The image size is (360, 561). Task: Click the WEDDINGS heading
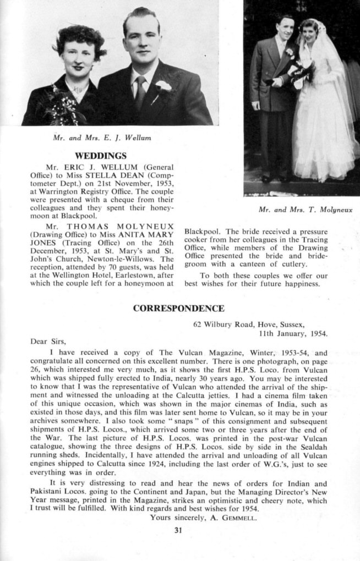[100, 156]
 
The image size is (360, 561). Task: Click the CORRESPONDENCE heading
[179, 309]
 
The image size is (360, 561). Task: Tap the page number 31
[178, 530]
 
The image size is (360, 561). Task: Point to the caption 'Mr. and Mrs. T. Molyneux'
[305, 210]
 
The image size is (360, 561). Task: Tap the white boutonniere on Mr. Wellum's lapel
[163, 86]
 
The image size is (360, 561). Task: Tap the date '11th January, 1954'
[293, 333]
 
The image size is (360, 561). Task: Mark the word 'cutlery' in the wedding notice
[292, 265]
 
